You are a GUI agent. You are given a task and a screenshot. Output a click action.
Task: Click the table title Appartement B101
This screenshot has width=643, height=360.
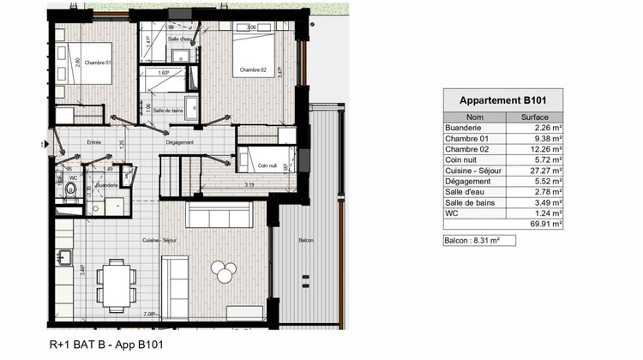504,100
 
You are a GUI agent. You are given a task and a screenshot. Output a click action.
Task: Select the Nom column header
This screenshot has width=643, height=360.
474,117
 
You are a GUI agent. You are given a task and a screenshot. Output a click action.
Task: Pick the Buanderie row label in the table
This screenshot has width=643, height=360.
462,128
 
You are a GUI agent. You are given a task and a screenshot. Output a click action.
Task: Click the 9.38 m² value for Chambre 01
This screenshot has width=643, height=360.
547,138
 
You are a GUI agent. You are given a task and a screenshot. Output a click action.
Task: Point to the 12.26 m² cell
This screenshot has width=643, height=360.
545,149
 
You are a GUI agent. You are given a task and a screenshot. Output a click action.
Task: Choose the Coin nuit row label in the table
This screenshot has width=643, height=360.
460,159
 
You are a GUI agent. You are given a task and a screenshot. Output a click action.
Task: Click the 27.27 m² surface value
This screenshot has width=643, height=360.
545,170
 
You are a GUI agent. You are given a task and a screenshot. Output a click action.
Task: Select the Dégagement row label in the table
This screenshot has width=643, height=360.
464,181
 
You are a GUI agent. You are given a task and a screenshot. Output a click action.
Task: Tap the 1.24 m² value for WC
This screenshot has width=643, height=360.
547,213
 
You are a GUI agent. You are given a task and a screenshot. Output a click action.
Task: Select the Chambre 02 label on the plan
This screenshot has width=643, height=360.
252,69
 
